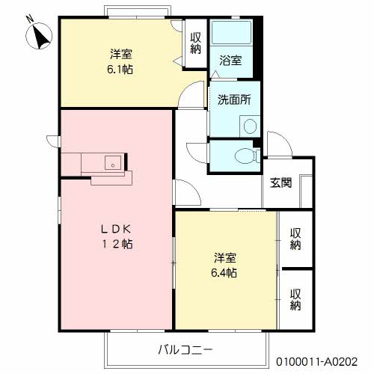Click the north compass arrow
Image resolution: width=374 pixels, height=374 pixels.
click(x=41, y=38)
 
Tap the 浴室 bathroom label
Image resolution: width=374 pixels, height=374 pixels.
click(x=230, y=61)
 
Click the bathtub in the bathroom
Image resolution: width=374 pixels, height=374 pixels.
click(x=231, y=33)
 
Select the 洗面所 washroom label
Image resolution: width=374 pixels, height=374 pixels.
click(x=234, y=99)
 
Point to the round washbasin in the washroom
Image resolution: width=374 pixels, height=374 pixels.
click(x=250, y=126)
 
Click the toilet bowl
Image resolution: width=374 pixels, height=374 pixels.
click(x=245, y=156)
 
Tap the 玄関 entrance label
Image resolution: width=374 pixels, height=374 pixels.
click(x=280, y=183)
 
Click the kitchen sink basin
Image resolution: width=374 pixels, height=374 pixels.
click(x=113, y=162)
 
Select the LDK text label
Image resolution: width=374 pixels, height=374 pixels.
click(x=117, y=230)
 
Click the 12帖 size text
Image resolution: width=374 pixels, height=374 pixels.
click(x=117, y=244)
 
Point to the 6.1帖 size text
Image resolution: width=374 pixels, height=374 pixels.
click(x=120, y=69)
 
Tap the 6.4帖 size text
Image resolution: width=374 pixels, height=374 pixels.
click(x=224, y=273)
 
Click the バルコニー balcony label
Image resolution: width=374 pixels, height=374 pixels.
click(x=186, y=350)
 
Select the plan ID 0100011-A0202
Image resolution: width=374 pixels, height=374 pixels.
click(x=317, y=361)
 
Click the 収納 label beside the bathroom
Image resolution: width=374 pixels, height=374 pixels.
click(x=196, y=43)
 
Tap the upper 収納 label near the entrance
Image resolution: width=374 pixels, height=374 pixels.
click(x=295, y=239)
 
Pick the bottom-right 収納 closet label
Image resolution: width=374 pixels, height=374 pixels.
click(x=295, y=299)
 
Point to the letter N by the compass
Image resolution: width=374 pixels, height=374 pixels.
click(x=30, y=19)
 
